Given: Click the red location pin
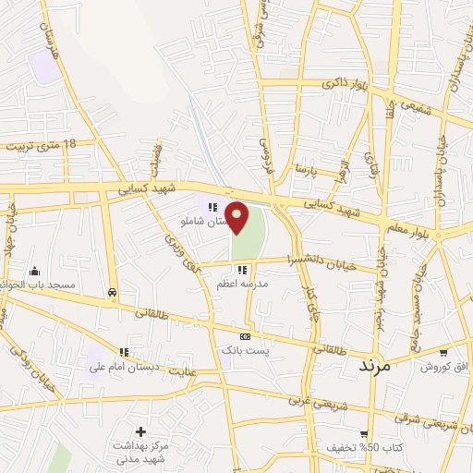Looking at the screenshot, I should coord(238,217).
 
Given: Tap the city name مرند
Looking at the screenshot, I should coord(375,366).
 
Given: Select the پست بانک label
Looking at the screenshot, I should coord(244,351).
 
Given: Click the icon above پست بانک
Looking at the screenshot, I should coord(244,336).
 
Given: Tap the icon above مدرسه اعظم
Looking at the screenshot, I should coord(241,270).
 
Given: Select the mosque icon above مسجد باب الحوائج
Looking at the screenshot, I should coord(35,271).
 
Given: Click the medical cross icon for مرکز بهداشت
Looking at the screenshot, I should coord(139,431).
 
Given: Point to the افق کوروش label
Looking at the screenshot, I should coord(444,367).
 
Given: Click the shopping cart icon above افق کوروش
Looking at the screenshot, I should coord(444,352).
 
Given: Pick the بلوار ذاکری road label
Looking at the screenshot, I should coord(346,84).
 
